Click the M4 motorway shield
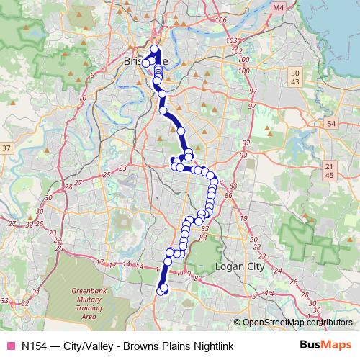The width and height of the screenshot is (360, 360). (x=279, y=7)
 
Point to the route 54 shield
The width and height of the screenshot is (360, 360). (x=331, y=125)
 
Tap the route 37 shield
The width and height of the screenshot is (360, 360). (x=6, y=148)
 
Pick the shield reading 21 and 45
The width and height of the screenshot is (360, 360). (x=329, y=171)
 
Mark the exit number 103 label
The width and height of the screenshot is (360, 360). (x=231, y=41)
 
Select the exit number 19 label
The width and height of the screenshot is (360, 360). (x=243, y=217)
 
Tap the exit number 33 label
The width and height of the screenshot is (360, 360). (x=5, y=300)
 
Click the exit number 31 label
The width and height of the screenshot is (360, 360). (x=25, y=302)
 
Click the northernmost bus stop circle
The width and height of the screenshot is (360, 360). (x=154, y=49)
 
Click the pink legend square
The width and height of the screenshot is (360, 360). (x=10, y=346)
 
